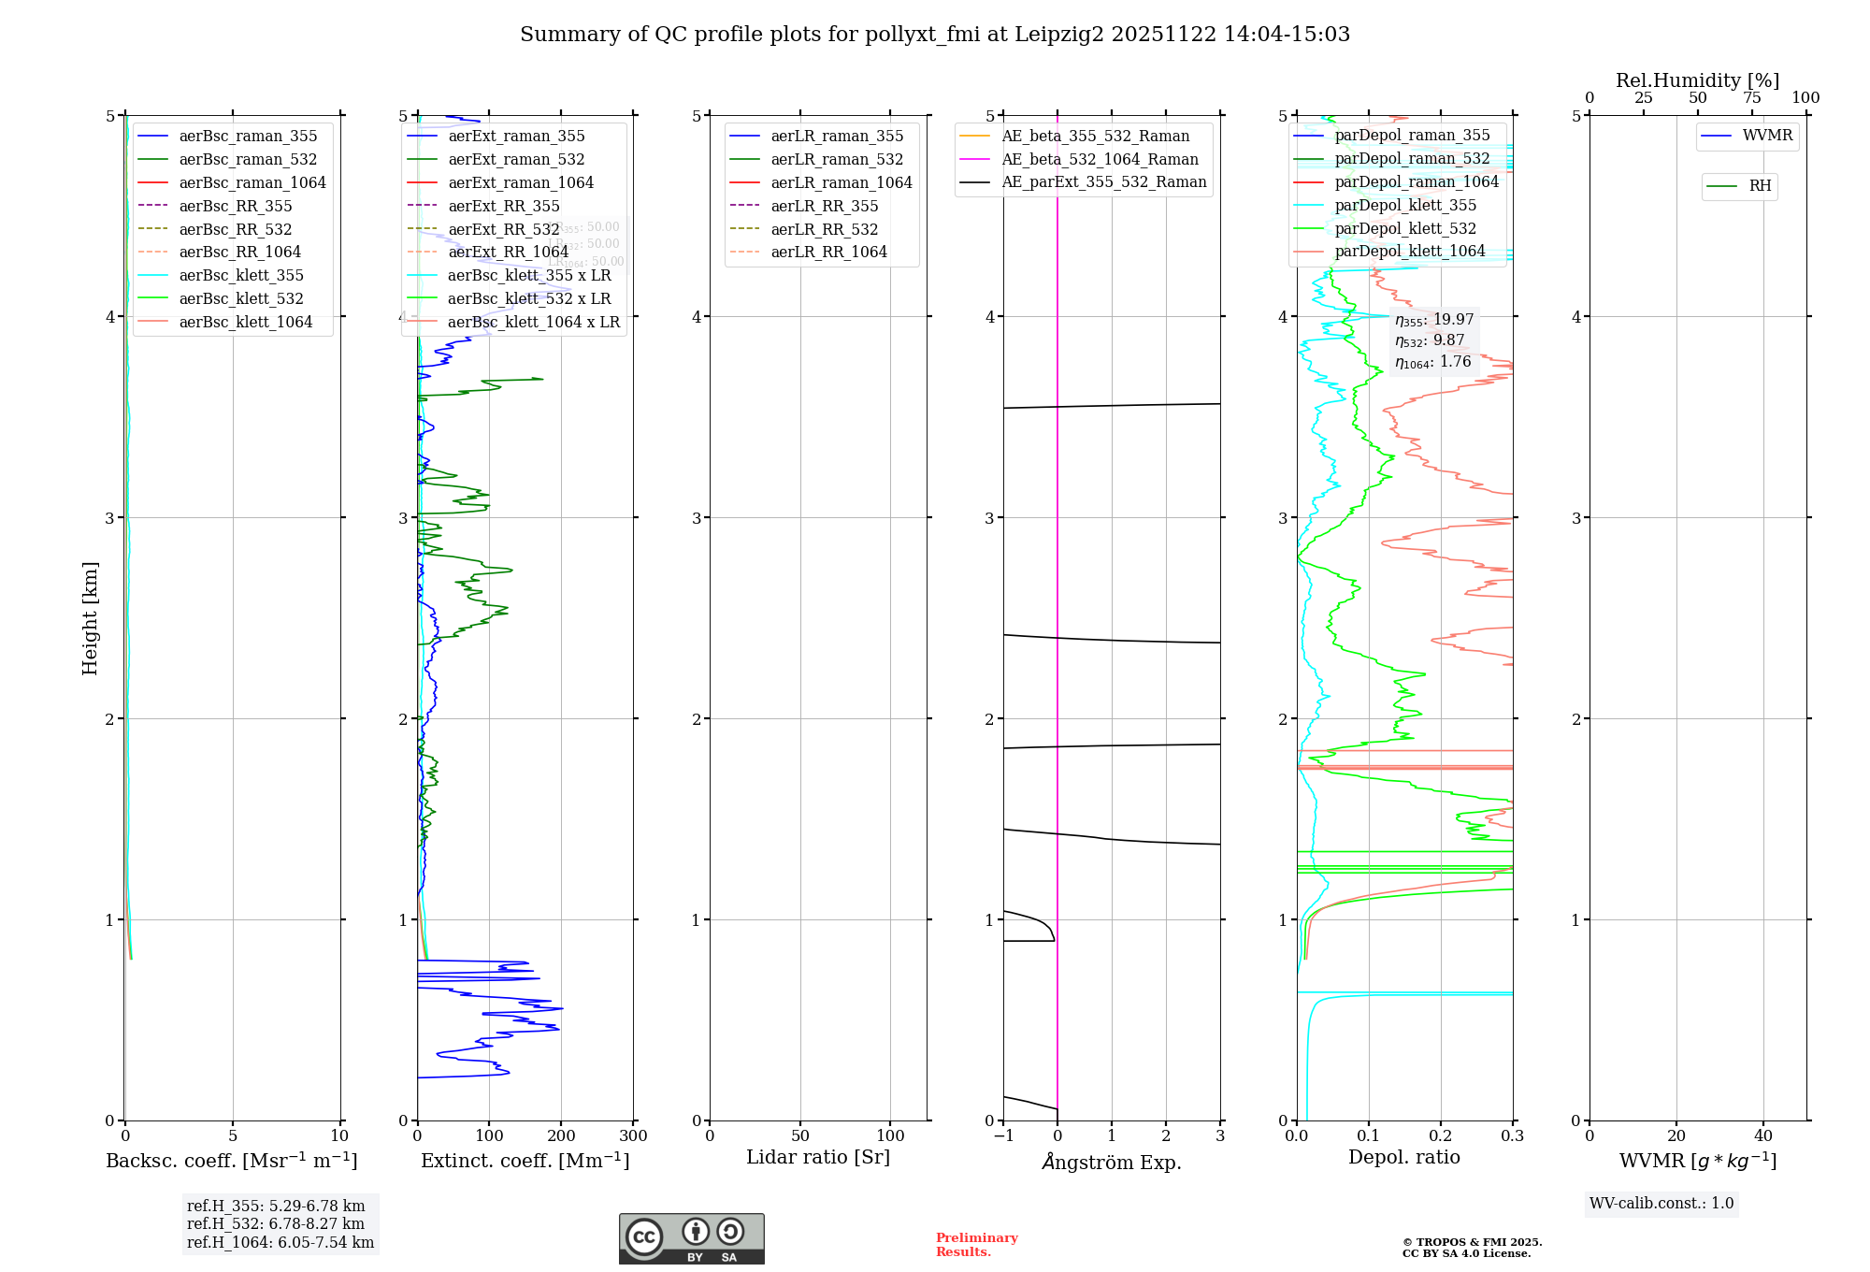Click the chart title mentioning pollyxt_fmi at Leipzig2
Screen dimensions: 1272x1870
pyautogui.click(x=935, y=35)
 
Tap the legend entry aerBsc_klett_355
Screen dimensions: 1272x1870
pyautogui.click(x=241, y=275)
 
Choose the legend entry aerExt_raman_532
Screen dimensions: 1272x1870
pyautogui.click(x=516, y=159)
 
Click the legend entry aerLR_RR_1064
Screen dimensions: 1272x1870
pyautogui.click(x=828, y=252)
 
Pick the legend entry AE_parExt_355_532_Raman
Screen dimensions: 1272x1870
pyautogui.click(x=1103, y=181)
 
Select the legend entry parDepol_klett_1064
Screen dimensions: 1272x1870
pyautogui.click(x=1409, y=251)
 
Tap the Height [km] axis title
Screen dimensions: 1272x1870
pyautogui.click(x=90, y=617)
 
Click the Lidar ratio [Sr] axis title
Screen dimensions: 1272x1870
pyautogui.click(x=818, y=1157)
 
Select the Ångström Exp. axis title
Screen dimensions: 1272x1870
pyautogui.click(x=1112, y=1162)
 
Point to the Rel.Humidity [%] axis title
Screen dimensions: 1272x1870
pyautogui.click(x=1697, y=80)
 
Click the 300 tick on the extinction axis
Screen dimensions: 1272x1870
pyautogui.click(x=633, y=1135)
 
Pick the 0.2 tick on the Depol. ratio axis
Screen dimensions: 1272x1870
pyautogui.click(x=1441, y=1135)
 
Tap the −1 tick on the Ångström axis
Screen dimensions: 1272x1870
pyautogui.click(x=1003, y=1135)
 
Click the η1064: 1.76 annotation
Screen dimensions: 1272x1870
pyautogui.click(x=1433, y=362)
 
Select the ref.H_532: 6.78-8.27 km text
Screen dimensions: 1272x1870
pyautogui.click(x=276, y=1223)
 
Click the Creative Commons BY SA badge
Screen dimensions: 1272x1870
pyautogui.click(x=691, y=1238)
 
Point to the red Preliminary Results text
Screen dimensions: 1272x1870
pyautogui.click(x=976, y=1244)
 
